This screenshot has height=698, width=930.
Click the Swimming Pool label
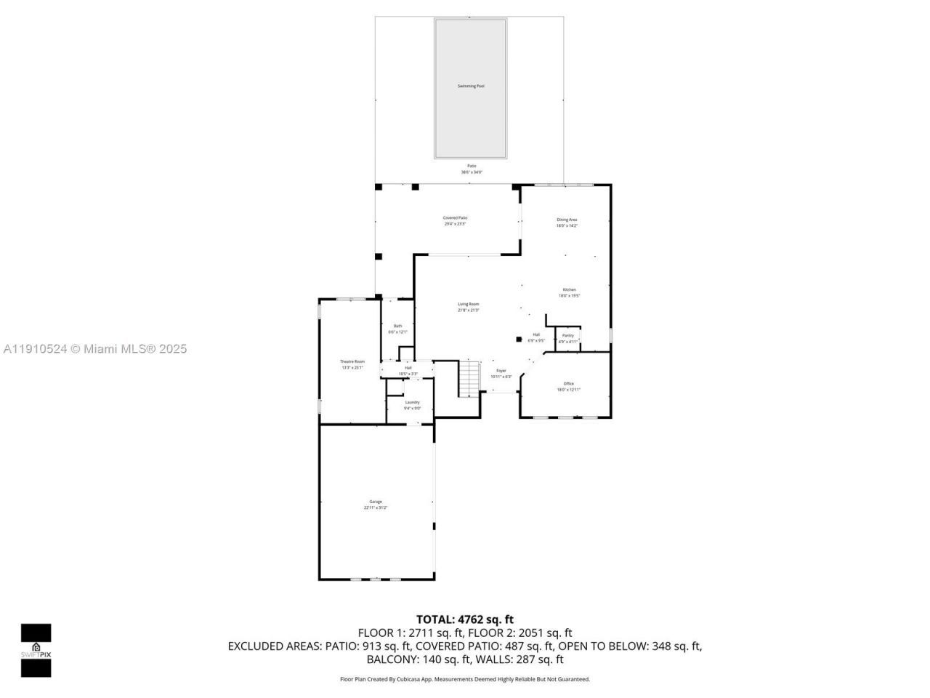[x=470, y=87]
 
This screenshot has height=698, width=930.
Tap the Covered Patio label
[x=456, y=218]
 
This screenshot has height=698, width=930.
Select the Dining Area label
[x=567, y=220]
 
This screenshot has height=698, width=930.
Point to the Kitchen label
[x=569, y=290]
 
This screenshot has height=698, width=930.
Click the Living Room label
[x=468, y=305]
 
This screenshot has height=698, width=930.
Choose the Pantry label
[x=568, y=336]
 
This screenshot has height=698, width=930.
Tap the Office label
[x=569, y=384]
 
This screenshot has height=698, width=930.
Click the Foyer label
[x=501, y=371]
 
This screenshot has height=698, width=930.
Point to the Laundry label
[x=412, y=402]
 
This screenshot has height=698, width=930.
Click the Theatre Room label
[x=352, y=362]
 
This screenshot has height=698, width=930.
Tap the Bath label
[x=397, y=326]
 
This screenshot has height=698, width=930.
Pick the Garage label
[x=376, y=502]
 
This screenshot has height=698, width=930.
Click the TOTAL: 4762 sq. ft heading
[x=464, y=619]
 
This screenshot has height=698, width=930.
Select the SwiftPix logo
[x=36, y=650]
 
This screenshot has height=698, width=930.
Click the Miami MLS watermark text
[x=94, y=349]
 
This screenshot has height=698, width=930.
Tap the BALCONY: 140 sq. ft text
[x=417, y=659]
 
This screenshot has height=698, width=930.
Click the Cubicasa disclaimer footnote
[x=465, y=679]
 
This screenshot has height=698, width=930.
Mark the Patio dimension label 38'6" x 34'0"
[x=472, y=172]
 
